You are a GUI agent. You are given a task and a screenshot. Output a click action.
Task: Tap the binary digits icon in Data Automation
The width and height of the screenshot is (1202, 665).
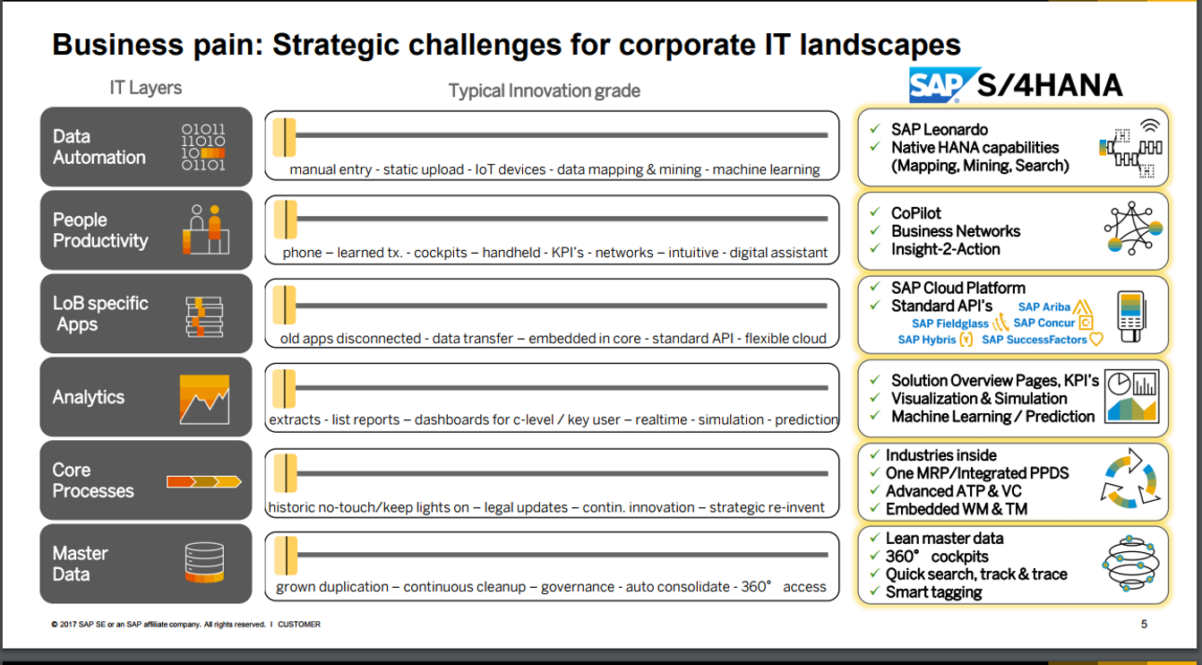203,147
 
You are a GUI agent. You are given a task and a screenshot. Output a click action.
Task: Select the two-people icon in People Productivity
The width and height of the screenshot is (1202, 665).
206,229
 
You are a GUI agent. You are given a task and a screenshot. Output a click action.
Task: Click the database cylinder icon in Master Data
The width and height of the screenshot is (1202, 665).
204,563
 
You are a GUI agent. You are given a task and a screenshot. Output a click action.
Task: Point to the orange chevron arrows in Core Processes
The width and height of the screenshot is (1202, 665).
204,481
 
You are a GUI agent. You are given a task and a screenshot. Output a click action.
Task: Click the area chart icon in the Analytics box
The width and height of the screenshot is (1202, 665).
204,400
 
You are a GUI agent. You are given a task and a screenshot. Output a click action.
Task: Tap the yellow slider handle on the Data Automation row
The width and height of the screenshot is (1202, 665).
285,137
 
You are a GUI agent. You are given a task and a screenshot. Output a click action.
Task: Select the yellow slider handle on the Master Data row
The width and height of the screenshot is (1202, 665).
286,556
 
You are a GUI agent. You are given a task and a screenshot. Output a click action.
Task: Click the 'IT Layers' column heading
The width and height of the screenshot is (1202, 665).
145,88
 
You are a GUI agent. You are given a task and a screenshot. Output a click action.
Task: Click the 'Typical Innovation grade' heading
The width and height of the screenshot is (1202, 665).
544,91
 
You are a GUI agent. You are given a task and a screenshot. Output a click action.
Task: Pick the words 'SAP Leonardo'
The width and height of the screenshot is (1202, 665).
939,129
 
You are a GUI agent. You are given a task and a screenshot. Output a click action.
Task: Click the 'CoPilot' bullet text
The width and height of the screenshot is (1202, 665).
916,213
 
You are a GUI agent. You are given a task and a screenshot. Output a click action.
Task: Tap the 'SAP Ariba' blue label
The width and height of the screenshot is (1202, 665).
1043,307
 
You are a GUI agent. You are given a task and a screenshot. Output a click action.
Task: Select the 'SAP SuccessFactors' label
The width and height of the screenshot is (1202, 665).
1034,340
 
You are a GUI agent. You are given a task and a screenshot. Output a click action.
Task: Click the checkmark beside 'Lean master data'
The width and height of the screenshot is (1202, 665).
875,537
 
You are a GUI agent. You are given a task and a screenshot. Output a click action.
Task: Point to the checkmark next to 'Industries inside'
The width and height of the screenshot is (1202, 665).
875,454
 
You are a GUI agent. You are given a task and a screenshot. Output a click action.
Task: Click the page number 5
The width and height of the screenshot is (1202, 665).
1144,624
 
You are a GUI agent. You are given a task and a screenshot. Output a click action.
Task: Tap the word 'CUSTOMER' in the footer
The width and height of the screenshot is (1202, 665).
299,624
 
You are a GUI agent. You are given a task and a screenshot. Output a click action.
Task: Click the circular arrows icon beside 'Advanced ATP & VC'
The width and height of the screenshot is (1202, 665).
1130,479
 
